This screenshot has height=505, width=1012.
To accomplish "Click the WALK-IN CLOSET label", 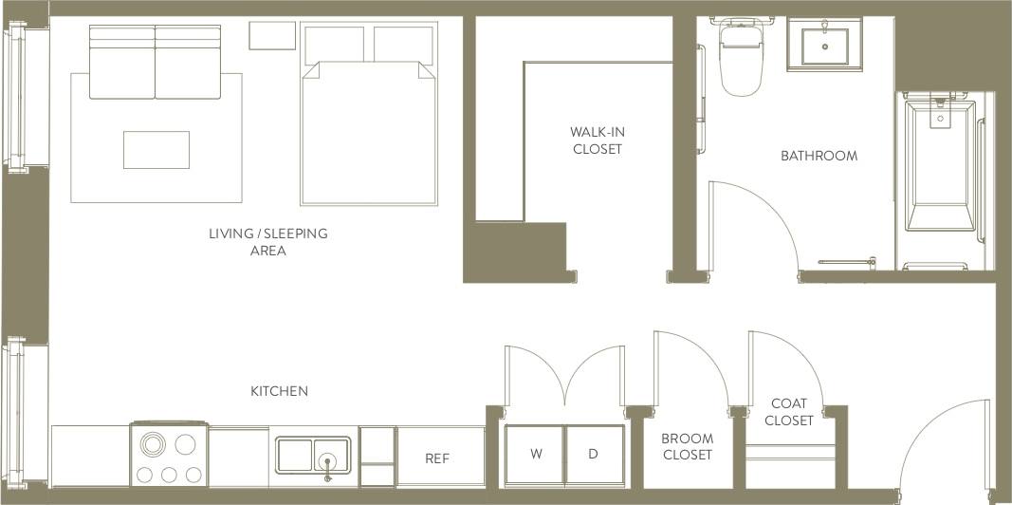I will coord(598,140).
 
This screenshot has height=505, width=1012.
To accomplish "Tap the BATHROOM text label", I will coord(819,156).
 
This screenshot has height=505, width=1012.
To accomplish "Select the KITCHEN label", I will coord(279,391).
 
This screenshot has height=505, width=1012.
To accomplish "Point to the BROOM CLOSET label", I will coord(687,447).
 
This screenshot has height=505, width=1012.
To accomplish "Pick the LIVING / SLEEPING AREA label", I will coord(268,242).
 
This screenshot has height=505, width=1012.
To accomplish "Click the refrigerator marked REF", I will coord(437,458).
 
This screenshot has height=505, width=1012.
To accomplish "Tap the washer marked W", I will coord(536,455).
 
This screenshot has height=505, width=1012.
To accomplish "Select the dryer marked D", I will coord(594,455).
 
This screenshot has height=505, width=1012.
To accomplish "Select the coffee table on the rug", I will coord(156,150).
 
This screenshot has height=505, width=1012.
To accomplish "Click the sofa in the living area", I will coord(156,63).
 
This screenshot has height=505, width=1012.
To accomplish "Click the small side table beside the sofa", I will coord(273,36).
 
